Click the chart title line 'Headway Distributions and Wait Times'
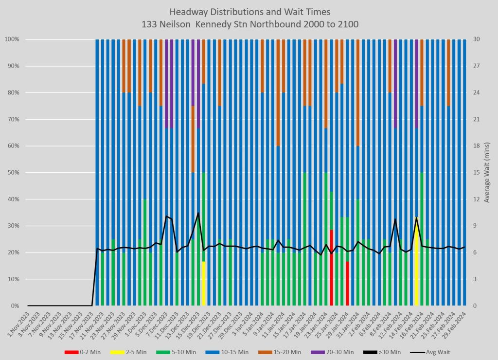point(249,11)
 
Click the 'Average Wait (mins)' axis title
point(486,173)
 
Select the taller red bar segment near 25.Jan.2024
point(332,268)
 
